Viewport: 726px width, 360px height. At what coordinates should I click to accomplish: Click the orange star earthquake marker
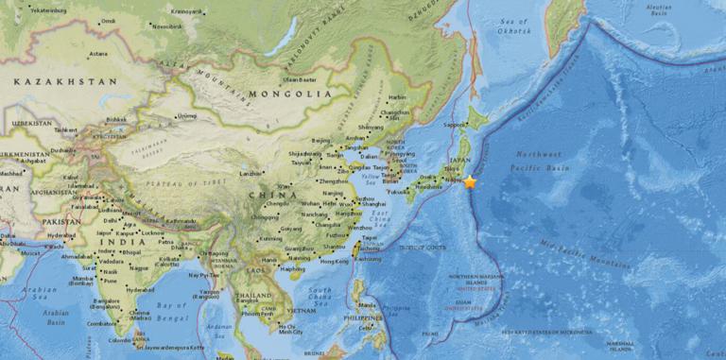click(x=470, y=181)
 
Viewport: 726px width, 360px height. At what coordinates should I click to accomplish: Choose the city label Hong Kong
click(x=334, y=261)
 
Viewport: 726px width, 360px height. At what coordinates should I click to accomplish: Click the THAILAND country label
click(x=253, y=295)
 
